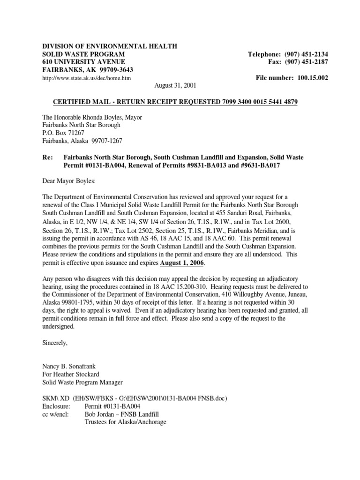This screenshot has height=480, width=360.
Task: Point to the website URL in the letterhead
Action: pos(87,78)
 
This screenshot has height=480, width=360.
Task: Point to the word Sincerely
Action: pos(55,343)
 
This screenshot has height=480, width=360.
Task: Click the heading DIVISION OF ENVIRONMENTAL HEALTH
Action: pos(110,46)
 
